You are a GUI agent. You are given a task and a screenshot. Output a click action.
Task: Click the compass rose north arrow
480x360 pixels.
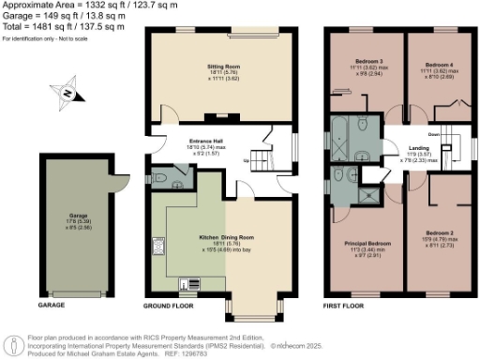coord(67,93)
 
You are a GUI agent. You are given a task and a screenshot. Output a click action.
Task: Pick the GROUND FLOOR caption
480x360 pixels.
coord(170,306)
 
